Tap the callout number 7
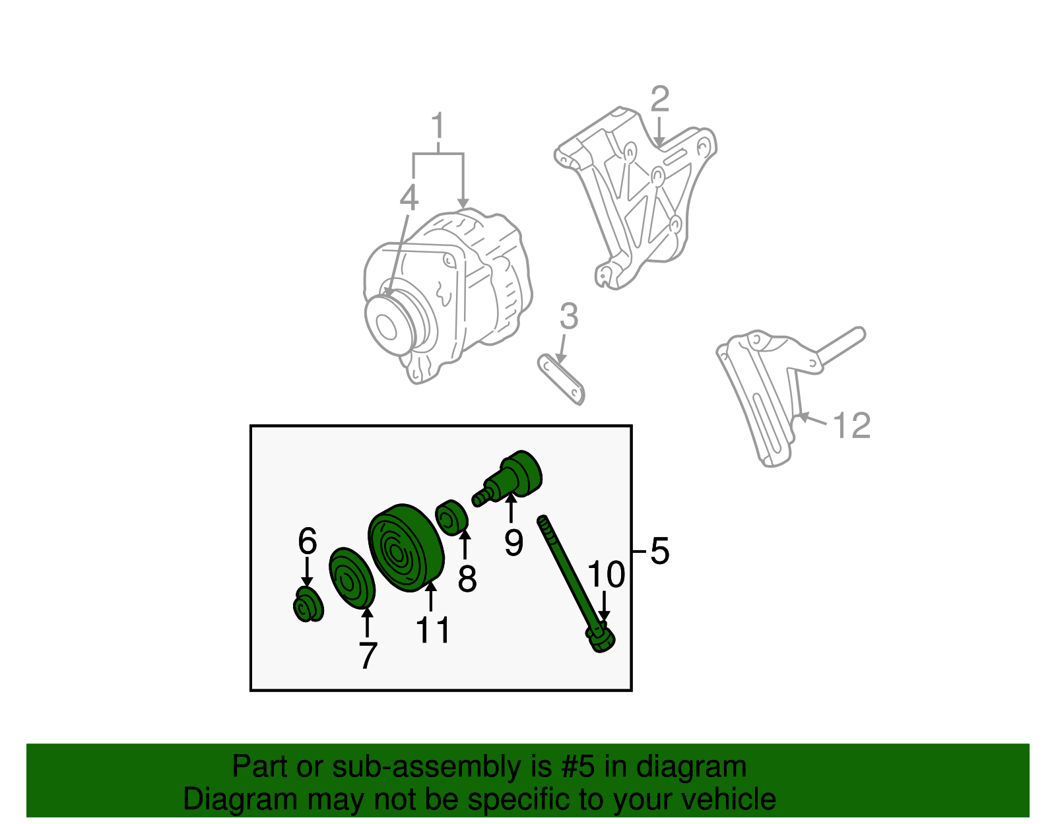tap(368, 655)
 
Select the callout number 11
tap(432, 629)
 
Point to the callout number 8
tap(467, 579)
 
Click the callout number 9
tap(513, 542)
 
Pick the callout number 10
tap(605, 575)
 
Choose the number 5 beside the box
tap(659, 550)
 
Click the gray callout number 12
tap(851, 426)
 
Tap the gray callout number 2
tap(659, 100)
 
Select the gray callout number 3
tap(568, 317)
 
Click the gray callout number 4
tap(409, 197)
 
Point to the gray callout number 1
tap(438, 127)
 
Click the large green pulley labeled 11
tap(405, 548)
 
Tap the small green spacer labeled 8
tap(452, 515)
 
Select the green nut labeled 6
tap(308, 605)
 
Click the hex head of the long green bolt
tap(601, 639)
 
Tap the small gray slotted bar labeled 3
tap(562, 379)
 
